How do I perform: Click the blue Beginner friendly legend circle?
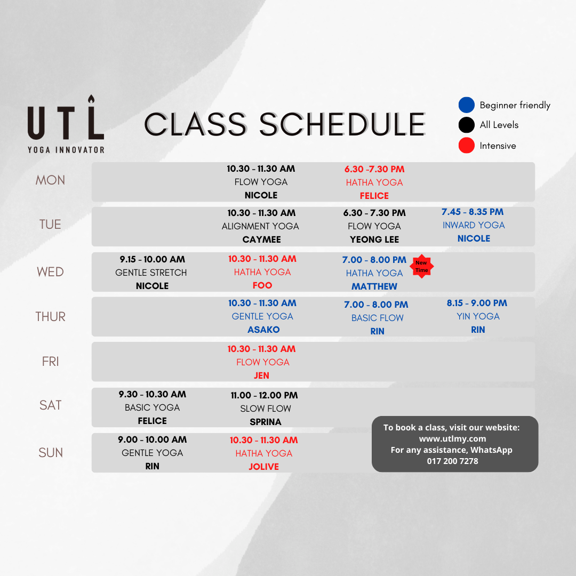(x=467, y=105)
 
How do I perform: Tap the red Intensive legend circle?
(x=467, y=146)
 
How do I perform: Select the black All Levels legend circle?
(x=467, y=125)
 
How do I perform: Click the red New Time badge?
(x=422, y=266)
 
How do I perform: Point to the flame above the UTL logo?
(x=91, y=99)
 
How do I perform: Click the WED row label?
(x=50, y=272)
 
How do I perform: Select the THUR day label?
(x=50, y=317)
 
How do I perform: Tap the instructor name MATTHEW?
(x=374, y=286)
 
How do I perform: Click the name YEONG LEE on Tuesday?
(x=374, y=239)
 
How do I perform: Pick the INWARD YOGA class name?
(x=474, y=225)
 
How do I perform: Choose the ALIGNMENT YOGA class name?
(x=260, y=226)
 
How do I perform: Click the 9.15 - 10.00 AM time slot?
(x=152, y=259)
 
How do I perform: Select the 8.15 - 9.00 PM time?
(x=477, y=303)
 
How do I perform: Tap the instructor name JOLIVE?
(x=264, y=467)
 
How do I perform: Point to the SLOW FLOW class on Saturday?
(x=266, y=409)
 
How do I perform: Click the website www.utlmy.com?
(x=453, y=438)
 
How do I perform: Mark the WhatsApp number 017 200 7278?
(x=453, y=461)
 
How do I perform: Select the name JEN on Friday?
(x=261, y=375)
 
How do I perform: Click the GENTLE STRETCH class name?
(x=151, y=273)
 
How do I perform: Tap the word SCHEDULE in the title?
(x=342, y=124)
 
